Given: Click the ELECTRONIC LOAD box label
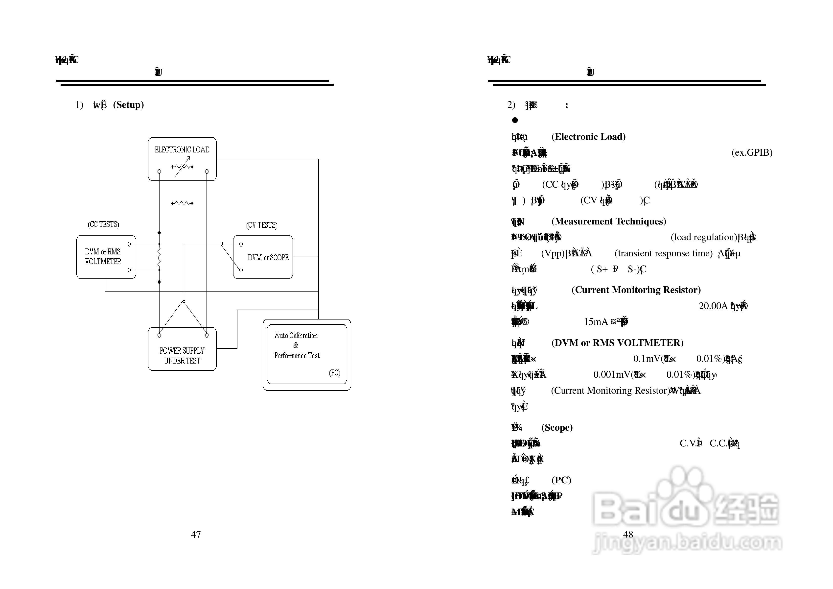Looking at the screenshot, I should point(182,150).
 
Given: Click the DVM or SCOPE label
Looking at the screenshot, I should point(268,257).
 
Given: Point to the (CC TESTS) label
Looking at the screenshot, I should point(103,224).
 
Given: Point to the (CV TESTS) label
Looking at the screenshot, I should point(262,225).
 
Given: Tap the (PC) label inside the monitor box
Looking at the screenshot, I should point(334,373).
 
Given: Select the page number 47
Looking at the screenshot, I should point(196,534).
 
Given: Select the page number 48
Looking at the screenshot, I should point(628,534).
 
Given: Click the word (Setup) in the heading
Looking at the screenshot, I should point(128,105).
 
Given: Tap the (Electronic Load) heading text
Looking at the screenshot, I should point(588,137).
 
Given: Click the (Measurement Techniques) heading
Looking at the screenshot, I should point(609,221).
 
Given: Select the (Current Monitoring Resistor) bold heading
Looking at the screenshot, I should point(636,290).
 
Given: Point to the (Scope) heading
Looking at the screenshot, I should point(557,427).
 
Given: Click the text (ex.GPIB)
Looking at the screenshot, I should point(752,152).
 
